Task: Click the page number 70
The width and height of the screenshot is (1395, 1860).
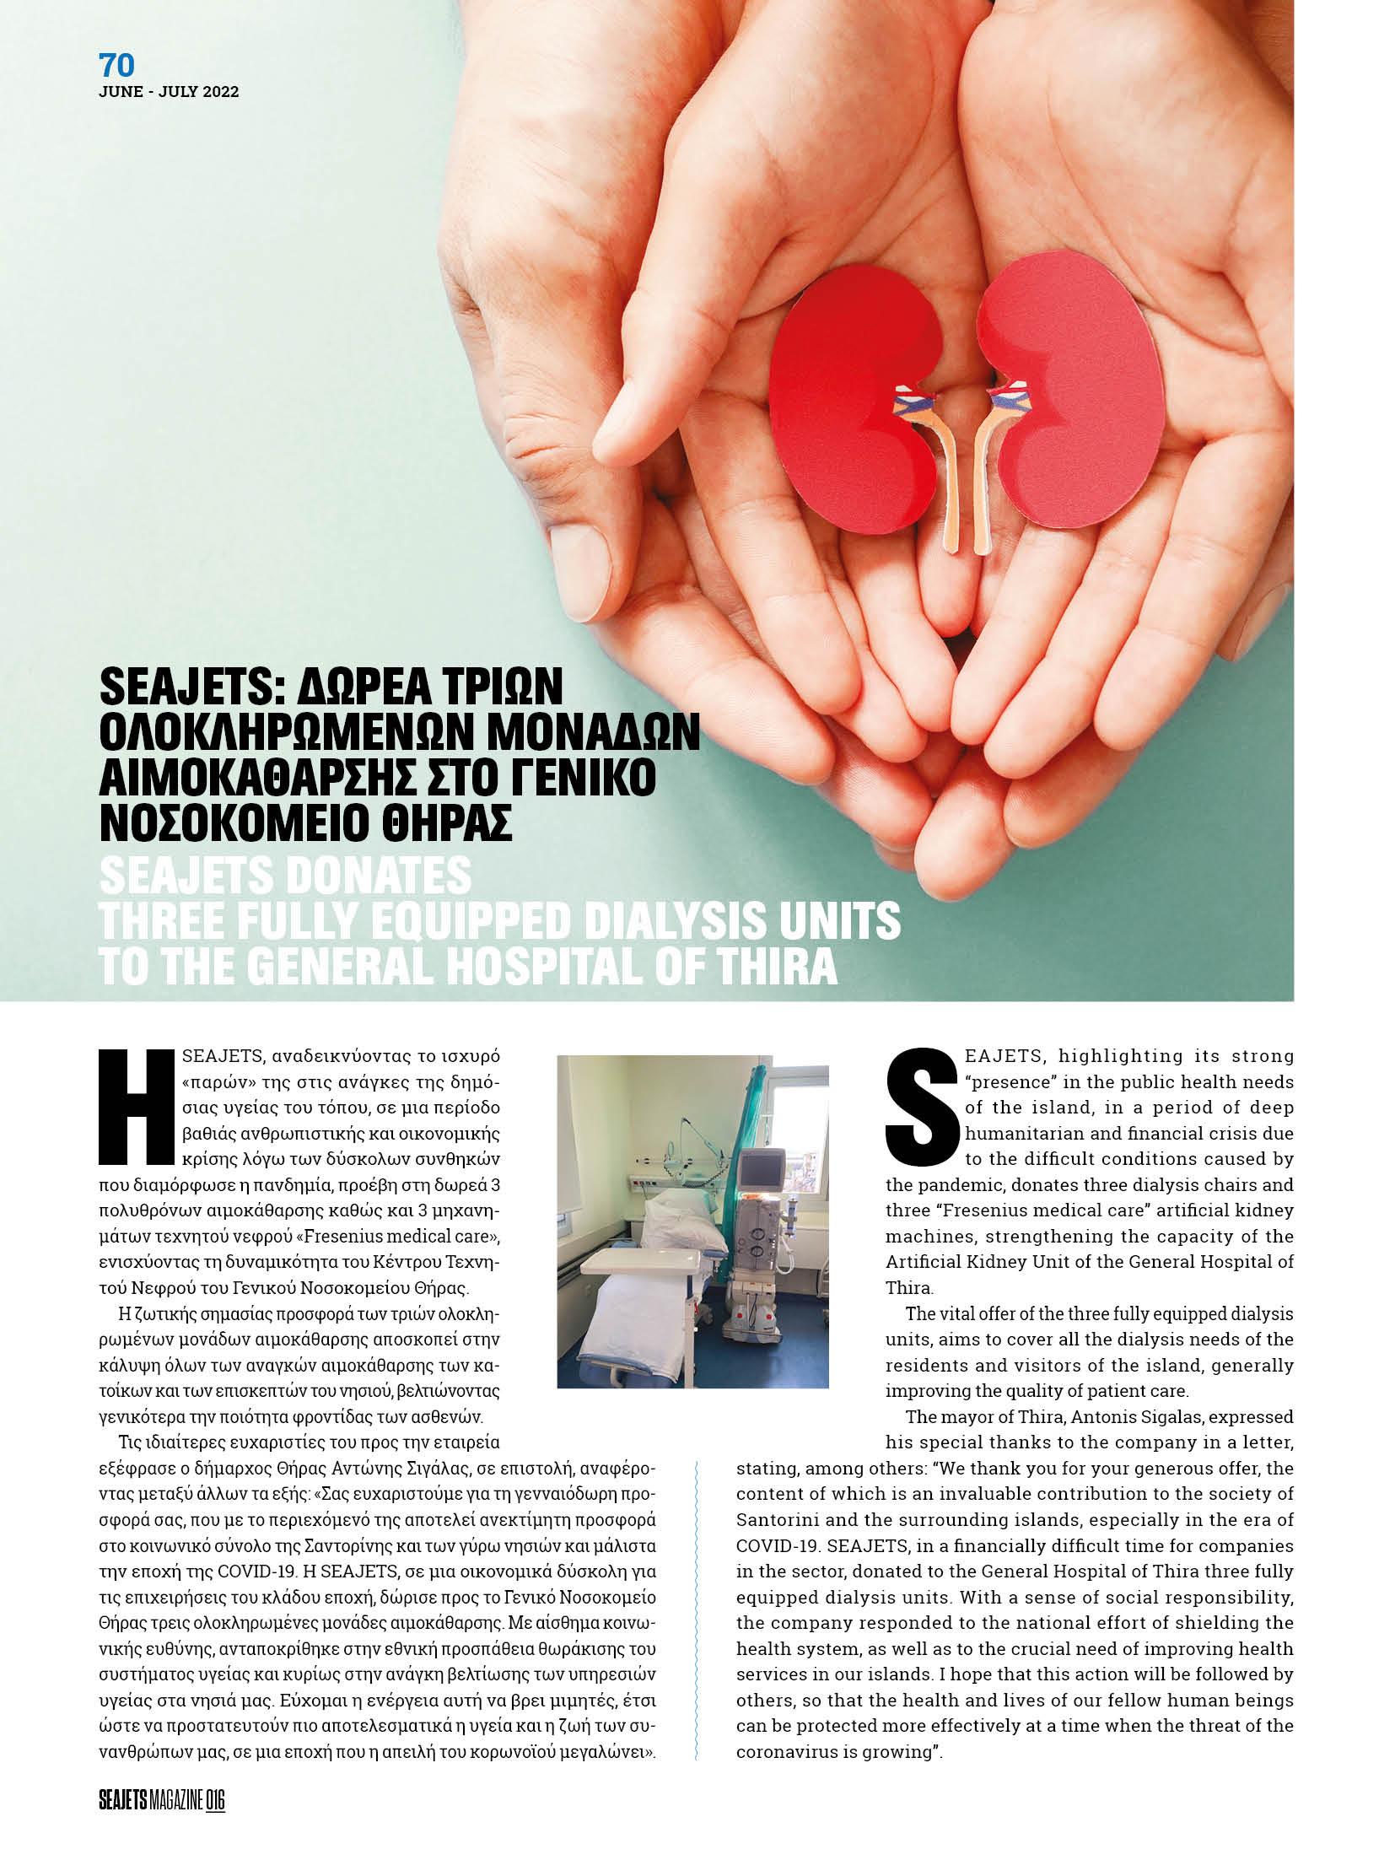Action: point(116,66)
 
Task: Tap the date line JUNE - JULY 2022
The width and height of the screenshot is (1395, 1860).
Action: point(169,93)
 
